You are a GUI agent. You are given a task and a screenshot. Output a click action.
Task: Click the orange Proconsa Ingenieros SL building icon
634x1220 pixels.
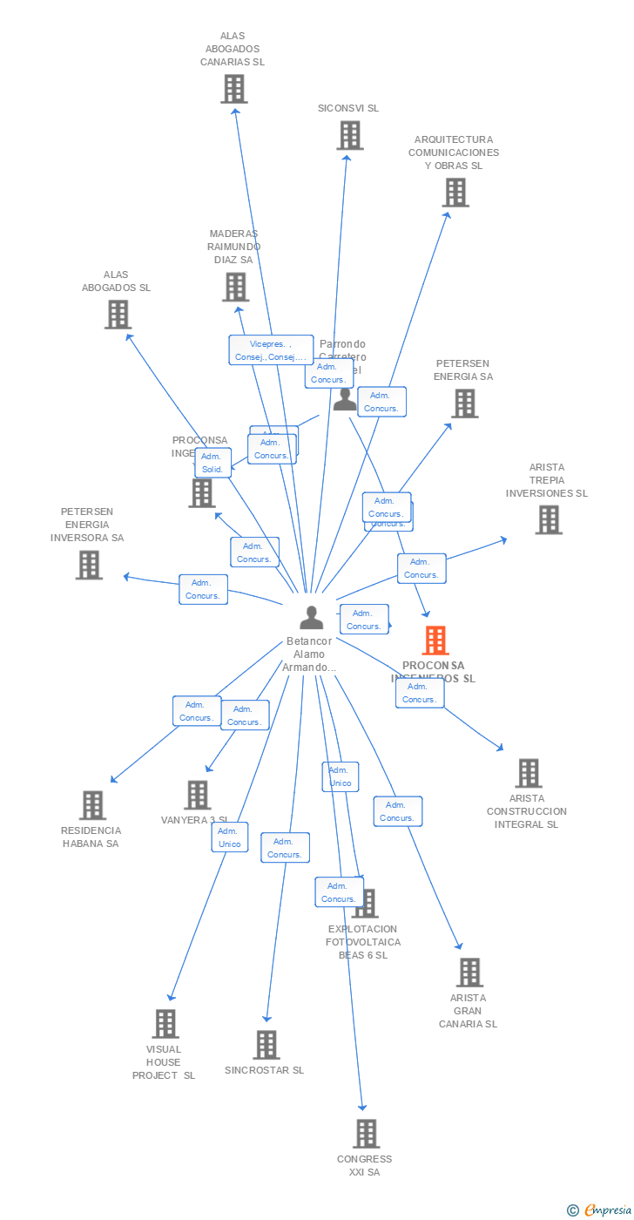(435, 640)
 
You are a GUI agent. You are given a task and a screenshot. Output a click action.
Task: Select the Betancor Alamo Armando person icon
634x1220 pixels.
(311, 617)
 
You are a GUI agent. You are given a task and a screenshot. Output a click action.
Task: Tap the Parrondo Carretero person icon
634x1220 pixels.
(345, 399)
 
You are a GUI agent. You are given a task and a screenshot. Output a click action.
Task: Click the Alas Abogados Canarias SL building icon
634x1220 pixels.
(233, 89)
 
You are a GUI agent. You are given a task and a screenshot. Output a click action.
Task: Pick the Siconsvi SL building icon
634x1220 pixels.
(349, 135)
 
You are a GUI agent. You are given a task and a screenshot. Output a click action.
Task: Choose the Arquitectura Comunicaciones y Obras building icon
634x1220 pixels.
(455, 193)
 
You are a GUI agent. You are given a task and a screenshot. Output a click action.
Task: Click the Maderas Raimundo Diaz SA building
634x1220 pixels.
(235, 287)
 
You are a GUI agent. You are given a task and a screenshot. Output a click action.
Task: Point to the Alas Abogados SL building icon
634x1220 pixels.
(118, 315)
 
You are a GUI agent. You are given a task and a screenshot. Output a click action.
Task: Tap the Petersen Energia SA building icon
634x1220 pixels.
(464, 403)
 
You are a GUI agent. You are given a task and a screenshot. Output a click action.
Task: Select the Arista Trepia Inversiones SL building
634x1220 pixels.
(548, 520)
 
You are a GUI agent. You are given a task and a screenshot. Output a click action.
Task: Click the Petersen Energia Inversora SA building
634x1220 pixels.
(88, 565)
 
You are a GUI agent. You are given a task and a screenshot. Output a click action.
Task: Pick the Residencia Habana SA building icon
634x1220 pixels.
(92, 805)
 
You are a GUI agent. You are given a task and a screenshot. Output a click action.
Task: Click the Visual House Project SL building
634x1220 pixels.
(165, 1024)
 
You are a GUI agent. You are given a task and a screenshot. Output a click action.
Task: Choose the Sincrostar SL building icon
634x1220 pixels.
(266, 1045)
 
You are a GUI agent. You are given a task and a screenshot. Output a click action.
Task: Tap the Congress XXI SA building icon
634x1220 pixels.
(366, 1134)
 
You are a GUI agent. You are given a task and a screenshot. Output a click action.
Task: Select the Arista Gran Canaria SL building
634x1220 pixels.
(469, 973)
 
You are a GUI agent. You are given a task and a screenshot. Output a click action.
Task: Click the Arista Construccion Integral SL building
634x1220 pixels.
(528, 773)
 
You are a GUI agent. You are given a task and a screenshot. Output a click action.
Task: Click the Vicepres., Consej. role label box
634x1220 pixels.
(271, 350)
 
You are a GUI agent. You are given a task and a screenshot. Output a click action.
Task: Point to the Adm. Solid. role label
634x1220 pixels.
(212, 463)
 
